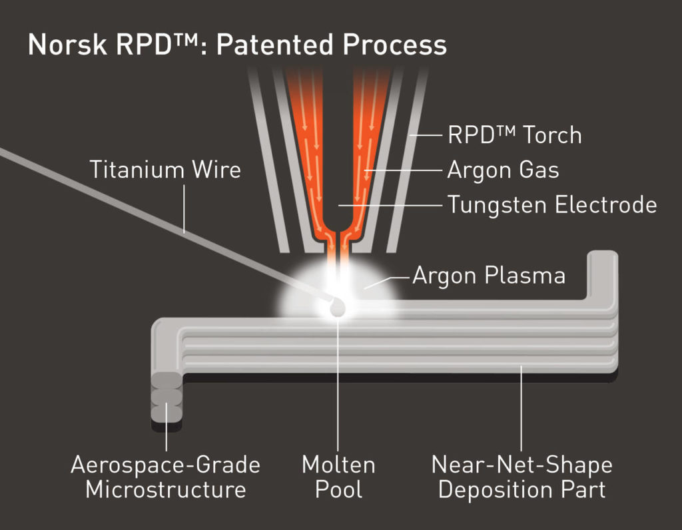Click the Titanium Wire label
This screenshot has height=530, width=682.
[x=165, y=170]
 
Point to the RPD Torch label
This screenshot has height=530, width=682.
[x=514, y=135]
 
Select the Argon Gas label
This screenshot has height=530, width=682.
[x=503, y=170]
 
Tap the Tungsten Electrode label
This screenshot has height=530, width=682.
[x=551, y=204]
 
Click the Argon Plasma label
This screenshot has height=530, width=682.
[x=488, y=275]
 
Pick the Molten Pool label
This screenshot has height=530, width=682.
[x=338, y=477]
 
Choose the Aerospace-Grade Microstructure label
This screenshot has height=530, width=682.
[x=165, y=477]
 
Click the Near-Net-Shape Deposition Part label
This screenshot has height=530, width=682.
[x=521, y=477]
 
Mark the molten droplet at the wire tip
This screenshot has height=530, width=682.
[x=337, y=307]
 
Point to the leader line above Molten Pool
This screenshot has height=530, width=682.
[x=338, y=386]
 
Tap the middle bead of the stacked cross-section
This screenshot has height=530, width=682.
[x=166, y=396]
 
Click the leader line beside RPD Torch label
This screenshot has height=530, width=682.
[x=426, y=135]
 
